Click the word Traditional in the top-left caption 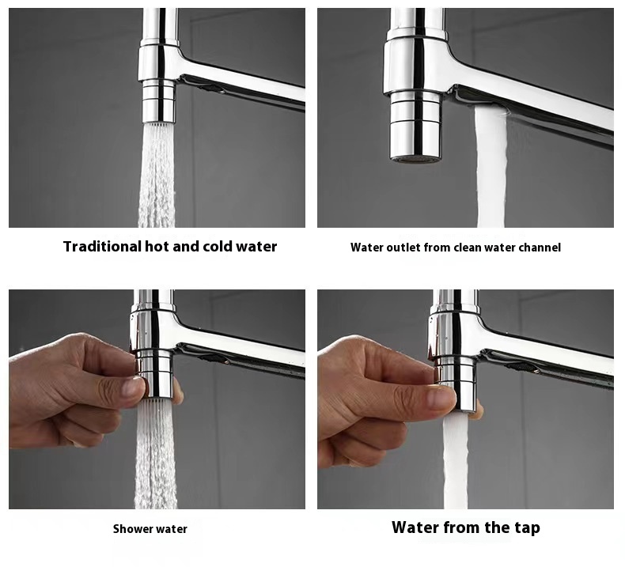(x=102, y=247)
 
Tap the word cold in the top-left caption (x=218, y=247)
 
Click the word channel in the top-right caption (x=540, y=248)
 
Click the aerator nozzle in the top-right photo (x=416, y=126)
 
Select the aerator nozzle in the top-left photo (x=159, y=101)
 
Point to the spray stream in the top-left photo (x=157, y=176)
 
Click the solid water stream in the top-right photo (x=491, y=166)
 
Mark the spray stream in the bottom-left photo (x=155, y=454)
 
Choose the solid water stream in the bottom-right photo (x=456, y=462)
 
